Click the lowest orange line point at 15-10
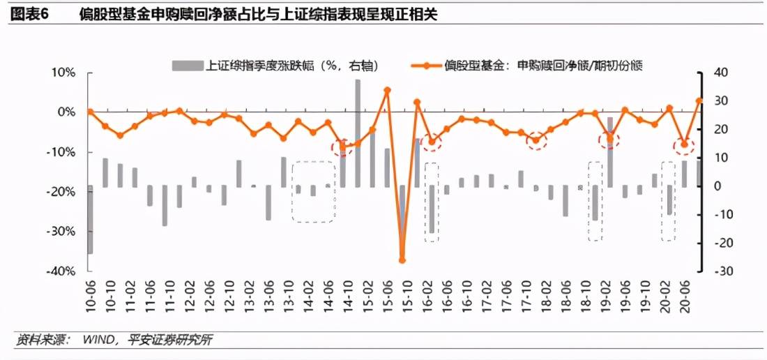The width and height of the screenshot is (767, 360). (402, 260)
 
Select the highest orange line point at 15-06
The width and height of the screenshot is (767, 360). (388, 90)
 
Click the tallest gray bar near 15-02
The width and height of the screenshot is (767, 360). (358, 133)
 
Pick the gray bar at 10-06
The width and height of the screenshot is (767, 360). (91, 219)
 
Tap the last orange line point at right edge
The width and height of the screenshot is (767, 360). (699, 100)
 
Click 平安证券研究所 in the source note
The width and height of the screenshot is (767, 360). (170, 340)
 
